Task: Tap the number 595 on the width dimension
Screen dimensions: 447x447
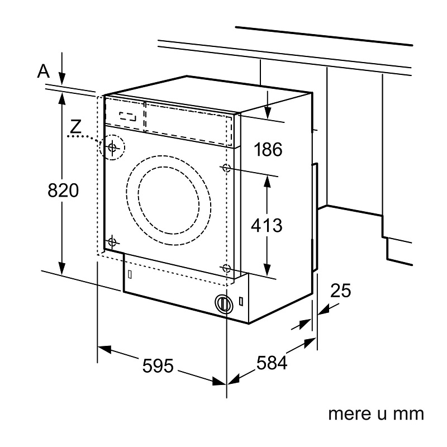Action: pyautogui.click(x=159, y=366)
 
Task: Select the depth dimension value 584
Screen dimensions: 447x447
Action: pyautogui.click(x=272, y=363)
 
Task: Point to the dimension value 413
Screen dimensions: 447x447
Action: pyautogui.click(x=267, y=226)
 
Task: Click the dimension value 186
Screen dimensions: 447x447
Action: pyautogui.click(x=268, y=149)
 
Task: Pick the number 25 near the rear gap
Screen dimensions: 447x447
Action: pyautogui.click(x=340, y=291)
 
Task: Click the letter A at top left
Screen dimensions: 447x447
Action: pyautogui.click(x=44, y=70)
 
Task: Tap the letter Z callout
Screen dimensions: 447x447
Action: pyautogui.click(x=75, y=126)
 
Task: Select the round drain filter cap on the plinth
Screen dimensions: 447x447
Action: pyautogui.click(x=223, y=303)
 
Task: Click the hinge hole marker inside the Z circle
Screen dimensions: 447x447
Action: pyautogui.click(x=112, y=148)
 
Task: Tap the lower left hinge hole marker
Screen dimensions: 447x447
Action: pyautogui.click(x=112, y=242)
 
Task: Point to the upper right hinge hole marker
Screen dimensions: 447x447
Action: pyautogui.click(x=226, y=168)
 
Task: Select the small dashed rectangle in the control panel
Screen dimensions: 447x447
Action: pyautogui.click(x=128, y=117)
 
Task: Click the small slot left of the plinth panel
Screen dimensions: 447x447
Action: pyautogui.click(x=130, y=275)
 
